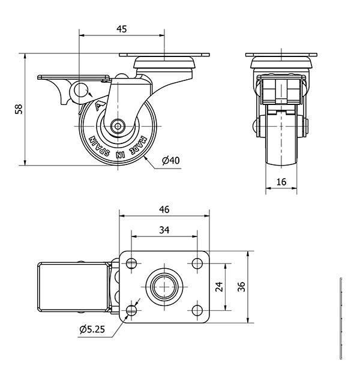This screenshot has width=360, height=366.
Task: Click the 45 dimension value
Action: tap(121, 29)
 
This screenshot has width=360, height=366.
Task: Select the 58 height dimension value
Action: tap(19, 109)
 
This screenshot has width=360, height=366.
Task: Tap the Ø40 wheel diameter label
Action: tap(171, 161)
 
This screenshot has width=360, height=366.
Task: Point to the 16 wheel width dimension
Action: tap(281, 182)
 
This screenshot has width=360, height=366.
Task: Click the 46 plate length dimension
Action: tap(164, 209)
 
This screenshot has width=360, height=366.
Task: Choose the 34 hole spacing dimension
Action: tap(164, 230)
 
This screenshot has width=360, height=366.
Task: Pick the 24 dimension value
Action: tap(219, 287)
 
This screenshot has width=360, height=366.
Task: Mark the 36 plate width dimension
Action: tap(241, 287)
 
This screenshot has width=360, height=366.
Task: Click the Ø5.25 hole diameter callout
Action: tap(92, 329)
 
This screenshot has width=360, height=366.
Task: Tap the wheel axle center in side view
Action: tap(118, 126)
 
